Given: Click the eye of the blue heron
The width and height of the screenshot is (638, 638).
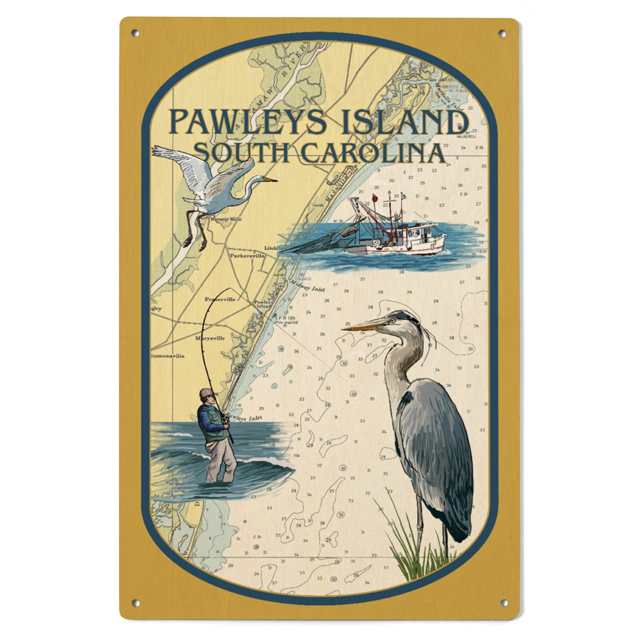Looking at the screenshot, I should (x=392, y=320).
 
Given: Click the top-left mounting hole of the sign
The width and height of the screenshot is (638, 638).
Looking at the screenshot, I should (x=135, y=33).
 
